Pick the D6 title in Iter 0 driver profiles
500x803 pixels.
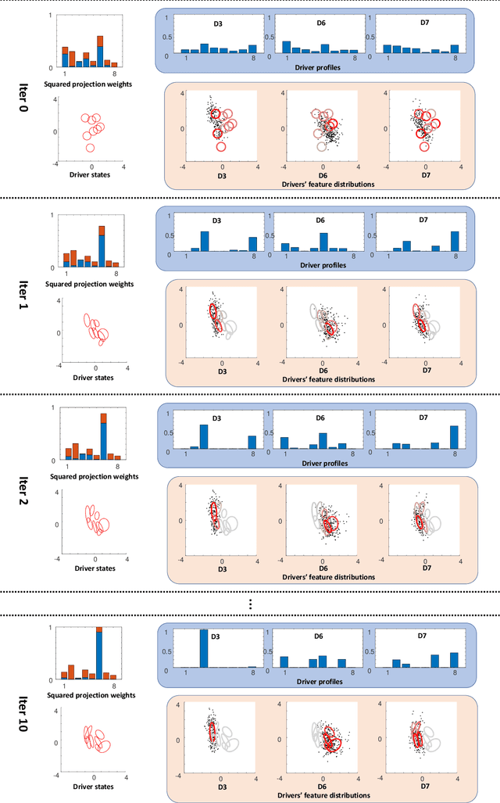click(320, 23)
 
